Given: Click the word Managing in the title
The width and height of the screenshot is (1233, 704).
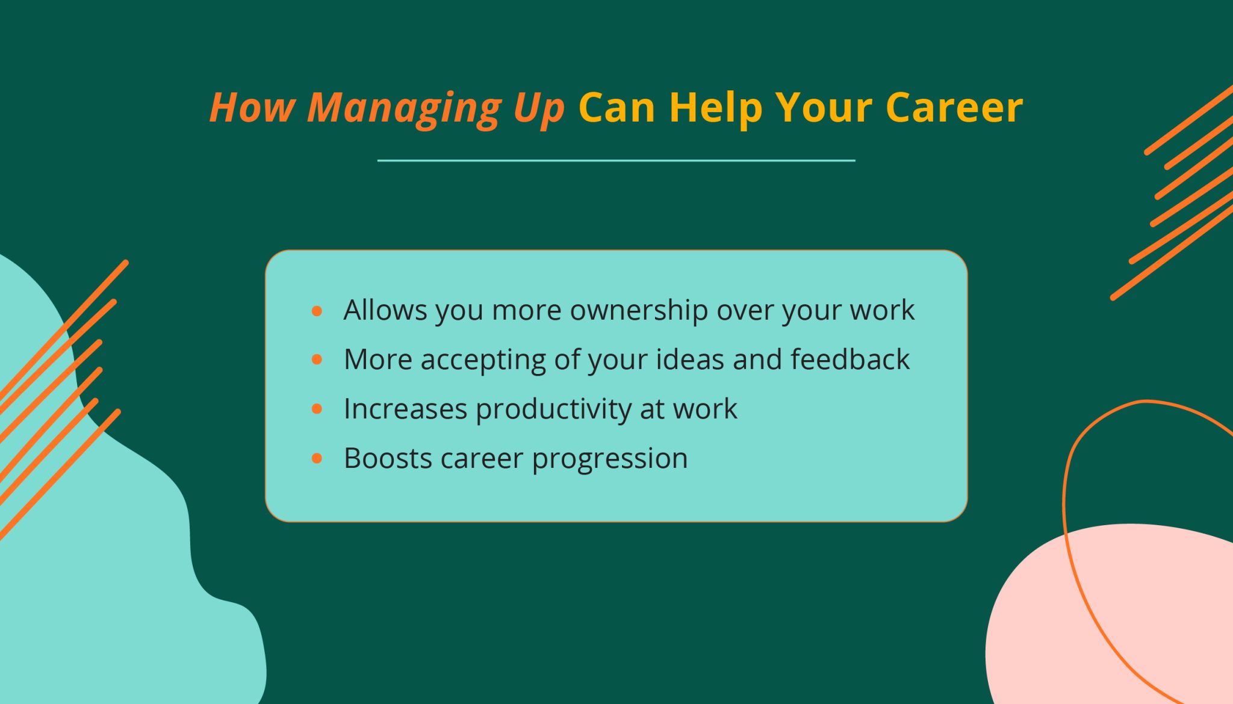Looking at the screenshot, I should pos(404,108).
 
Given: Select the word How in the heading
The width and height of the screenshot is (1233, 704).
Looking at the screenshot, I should pos(252,108).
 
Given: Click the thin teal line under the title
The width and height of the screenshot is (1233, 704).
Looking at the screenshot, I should pos(616,161).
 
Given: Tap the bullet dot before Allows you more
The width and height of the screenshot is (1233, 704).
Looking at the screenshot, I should pos(317,311).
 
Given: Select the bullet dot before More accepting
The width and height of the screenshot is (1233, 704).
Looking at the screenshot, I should pos(317,360).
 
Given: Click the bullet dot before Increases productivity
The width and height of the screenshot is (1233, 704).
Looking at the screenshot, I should pos(317,410).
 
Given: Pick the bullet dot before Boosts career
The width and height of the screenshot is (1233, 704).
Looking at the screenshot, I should pos(317,459).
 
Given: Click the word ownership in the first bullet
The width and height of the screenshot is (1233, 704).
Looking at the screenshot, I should pos(639,311).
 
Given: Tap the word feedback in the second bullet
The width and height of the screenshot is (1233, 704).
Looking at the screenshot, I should pos(849,360).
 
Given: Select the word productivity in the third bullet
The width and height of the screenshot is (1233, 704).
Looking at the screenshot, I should pos(553,410).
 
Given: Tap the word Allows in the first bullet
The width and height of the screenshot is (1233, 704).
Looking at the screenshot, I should pos(385,311).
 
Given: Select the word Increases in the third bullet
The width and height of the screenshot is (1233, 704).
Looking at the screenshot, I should pos(405,409).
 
